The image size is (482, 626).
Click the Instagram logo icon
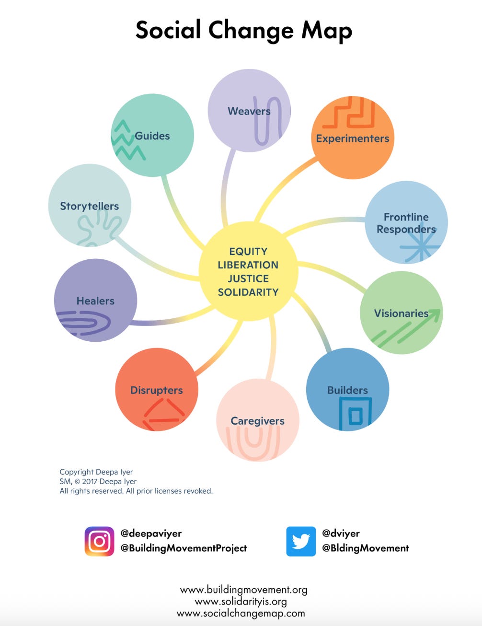pyautogui.click(x=99, y=541)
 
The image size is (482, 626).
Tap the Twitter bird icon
pyautogui.click(x=301, y=541)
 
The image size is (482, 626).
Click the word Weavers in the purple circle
pyautogui.click(x=249, y=111)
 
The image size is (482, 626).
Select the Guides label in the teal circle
pyautogui.click(x=152, y=136)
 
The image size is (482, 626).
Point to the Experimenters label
pyautogui.click(x=352, y=139)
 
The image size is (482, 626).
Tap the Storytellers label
pyautogui.click(x=89, y=206)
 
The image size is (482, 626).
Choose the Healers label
pyautogui.click(x=95, y=301)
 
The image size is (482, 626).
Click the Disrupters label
pyautogui.click(x=157, y=390)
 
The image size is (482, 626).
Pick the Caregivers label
pyautogui.click(x=257, y=421)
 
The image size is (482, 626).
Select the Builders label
pyautogui.click(x=347, y=390)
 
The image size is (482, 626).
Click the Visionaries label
pyautogui.click(x=401, y=313)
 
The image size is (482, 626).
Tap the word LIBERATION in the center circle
pyautogui.click(x=248, y=265)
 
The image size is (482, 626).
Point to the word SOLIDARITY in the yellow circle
pyautogui.click(x=248, y=292)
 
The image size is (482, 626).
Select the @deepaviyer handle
pyautogui.click(x=151, y=533)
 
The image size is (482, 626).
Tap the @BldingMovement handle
pyautogui.click(x=365, y=548)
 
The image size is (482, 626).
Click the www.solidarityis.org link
pyautogui.click(x=241, y=601)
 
